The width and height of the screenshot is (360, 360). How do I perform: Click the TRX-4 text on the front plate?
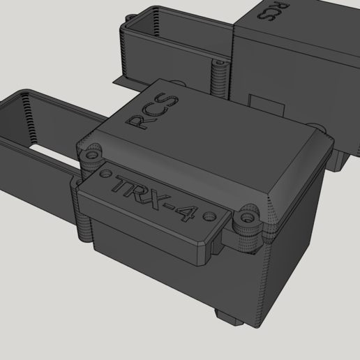tap(155, 200)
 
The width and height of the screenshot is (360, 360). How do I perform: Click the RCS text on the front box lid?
tap(151, 110)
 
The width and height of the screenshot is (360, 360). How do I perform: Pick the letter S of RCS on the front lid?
tap(169, 98)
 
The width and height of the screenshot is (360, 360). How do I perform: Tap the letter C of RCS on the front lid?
tap(152, 110)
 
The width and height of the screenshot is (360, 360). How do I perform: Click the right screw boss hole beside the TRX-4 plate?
tap(246, 218)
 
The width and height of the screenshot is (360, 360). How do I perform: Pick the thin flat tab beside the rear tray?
tap(125, 82)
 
